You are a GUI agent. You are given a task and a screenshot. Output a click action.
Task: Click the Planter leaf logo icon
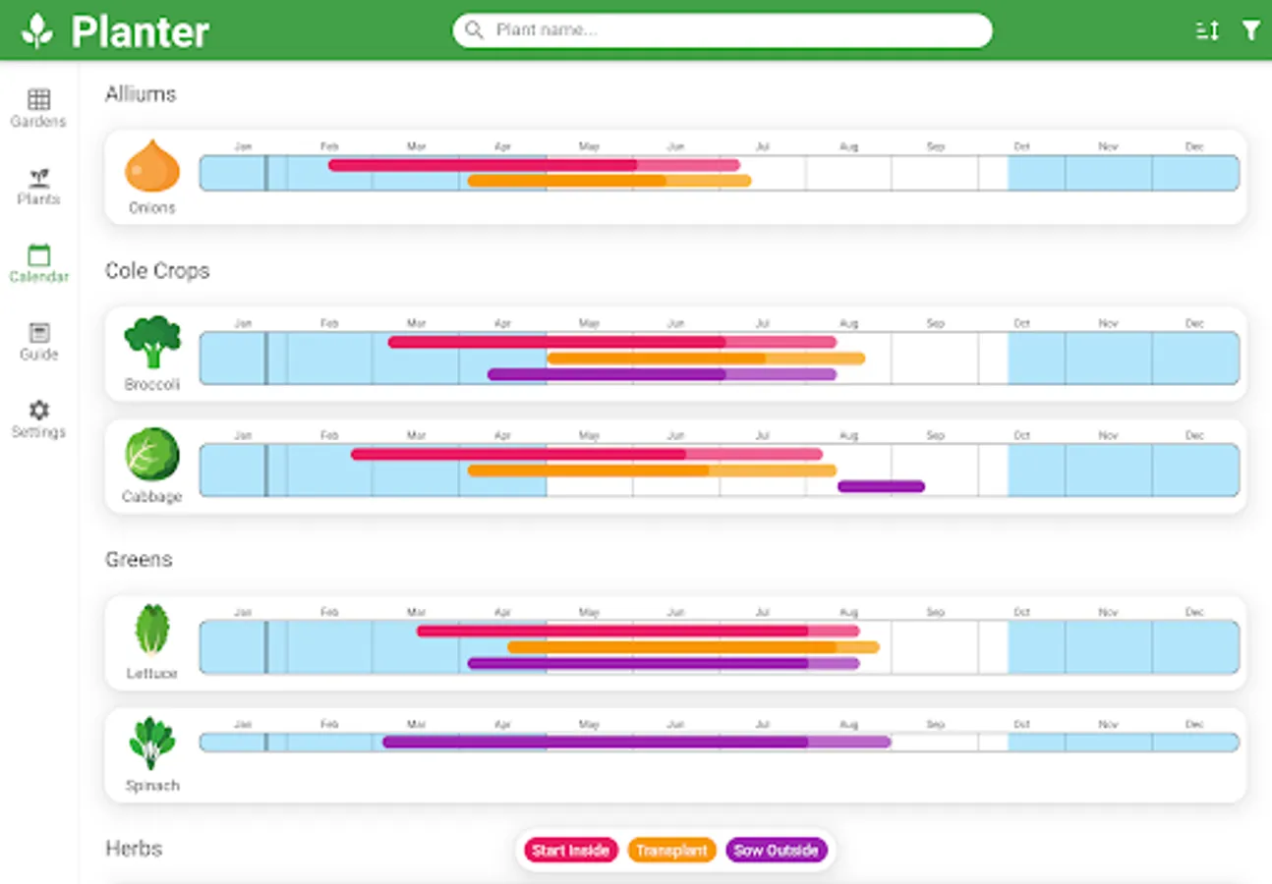click(37, 30)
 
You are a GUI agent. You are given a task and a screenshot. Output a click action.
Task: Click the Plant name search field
click(723, 30)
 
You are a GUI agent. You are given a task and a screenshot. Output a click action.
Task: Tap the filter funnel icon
click(1250, 30)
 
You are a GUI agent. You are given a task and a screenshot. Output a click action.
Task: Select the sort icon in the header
click(1207, 30)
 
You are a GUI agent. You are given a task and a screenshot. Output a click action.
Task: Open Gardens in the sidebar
click(38, 107)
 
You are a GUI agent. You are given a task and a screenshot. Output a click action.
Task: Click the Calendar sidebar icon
click(38, 255)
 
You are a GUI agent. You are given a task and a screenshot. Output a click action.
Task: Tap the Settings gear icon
click(38, 411)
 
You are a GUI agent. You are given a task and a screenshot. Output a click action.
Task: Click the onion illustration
click(152, 166)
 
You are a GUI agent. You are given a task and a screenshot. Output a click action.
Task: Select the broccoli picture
click(152, 342)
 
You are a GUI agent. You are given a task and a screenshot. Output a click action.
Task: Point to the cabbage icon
click(152, 454)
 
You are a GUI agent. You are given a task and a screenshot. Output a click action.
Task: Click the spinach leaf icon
click(152, 744)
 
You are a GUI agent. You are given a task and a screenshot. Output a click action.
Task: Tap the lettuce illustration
click(152, 630)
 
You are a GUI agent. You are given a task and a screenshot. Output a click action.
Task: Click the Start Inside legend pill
click(570, 851)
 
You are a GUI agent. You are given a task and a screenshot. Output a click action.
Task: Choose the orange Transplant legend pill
click(671, 851)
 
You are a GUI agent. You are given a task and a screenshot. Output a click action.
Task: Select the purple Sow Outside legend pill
click(777, 851)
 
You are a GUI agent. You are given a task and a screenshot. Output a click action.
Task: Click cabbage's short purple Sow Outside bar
click(881, 486)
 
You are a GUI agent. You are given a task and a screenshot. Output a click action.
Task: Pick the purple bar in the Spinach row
click(636, 743)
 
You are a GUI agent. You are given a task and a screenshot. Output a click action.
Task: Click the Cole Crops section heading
click(157, 271)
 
